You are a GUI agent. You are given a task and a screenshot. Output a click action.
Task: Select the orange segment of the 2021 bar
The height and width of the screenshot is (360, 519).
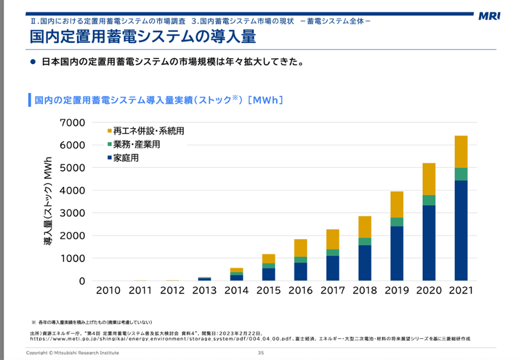pyautogui.click(x=461, y=152)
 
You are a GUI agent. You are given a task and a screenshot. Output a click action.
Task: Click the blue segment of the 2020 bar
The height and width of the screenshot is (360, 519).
pyautogui.click(x=429, y=243)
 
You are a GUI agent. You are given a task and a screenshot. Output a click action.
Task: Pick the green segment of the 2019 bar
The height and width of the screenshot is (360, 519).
pyautogui.click(x=397, y=222)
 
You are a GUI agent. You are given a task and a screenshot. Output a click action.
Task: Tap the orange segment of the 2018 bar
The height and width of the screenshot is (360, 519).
pyautogui.click(x=365, y=227)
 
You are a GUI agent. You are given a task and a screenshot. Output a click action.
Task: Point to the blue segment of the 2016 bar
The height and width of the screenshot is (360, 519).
pyautogui.click(x=301, y=272)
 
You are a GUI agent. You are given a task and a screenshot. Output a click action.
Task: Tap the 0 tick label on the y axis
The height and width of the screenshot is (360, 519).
pyautogui.click(x=81, y=281)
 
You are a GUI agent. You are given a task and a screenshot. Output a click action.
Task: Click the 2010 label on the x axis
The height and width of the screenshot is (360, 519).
pyautogui.click(x=108, y=290)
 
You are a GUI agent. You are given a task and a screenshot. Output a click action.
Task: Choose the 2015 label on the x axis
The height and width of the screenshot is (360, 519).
pyautogui.click(x=268, y=290)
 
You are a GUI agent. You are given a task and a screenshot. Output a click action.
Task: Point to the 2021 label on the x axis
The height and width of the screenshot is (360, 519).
pyautogui.click(x=461, y=290)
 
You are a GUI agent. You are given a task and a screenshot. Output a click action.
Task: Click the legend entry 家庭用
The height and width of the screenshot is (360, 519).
pyautogui.click(x=126, y=158)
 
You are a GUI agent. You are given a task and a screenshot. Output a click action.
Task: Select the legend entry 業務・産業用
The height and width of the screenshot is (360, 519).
pyautogui.click(x=136, y=145)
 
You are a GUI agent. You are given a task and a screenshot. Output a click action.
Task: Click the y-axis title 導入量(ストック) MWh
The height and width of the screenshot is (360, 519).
pyautogui.click(x=48, y=201)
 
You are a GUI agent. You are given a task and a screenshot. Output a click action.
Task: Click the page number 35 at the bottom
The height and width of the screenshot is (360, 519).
pyautogui.click(x=261, y=353)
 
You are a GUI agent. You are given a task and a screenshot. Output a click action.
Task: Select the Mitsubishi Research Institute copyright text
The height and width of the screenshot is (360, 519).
pyautogui.click(x=72, y=353)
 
